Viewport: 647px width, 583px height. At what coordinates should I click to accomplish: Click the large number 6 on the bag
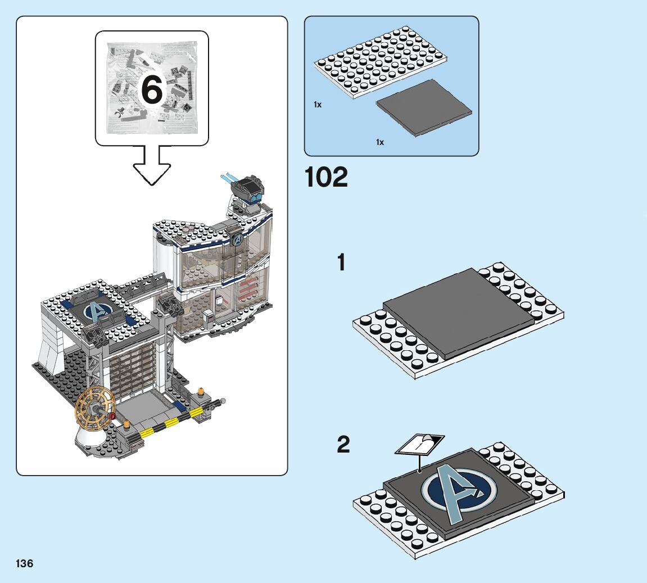[x=152, y=89]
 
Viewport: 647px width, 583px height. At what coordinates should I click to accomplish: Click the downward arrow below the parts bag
[x=152, y=165]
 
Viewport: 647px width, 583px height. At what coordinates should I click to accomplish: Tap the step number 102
[x=326, y=178]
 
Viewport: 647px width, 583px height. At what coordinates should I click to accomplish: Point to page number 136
[x=24, y=563]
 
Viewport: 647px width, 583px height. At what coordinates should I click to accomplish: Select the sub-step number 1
[x=341, y=263]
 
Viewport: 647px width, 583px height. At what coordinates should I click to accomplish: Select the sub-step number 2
[x=343, y=444]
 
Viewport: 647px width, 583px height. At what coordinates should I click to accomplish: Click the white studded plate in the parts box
[x=381, y=62]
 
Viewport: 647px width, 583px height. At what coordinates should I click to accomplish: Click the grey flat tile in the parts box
[x=424, y=108]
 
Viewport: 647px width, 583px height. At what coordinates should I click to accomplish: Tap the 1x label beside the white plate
[x=317, y=105]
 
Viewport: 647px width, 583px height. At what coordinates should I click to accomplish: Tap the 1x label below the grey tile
[x=379, y=142]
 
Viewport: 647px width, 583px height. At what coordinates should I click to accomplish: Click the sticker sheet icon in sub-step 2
[x=420, y=444]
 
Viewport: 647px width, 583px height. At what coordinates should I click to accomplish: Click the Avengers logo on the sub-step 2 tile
[x=459, y=491]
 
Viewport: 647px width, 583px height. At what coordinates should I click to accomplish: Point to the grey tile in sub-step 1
[x=458, y=313]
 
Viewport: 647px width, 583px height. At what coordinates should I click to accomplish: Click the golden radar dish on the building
[x=95, y=409]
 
